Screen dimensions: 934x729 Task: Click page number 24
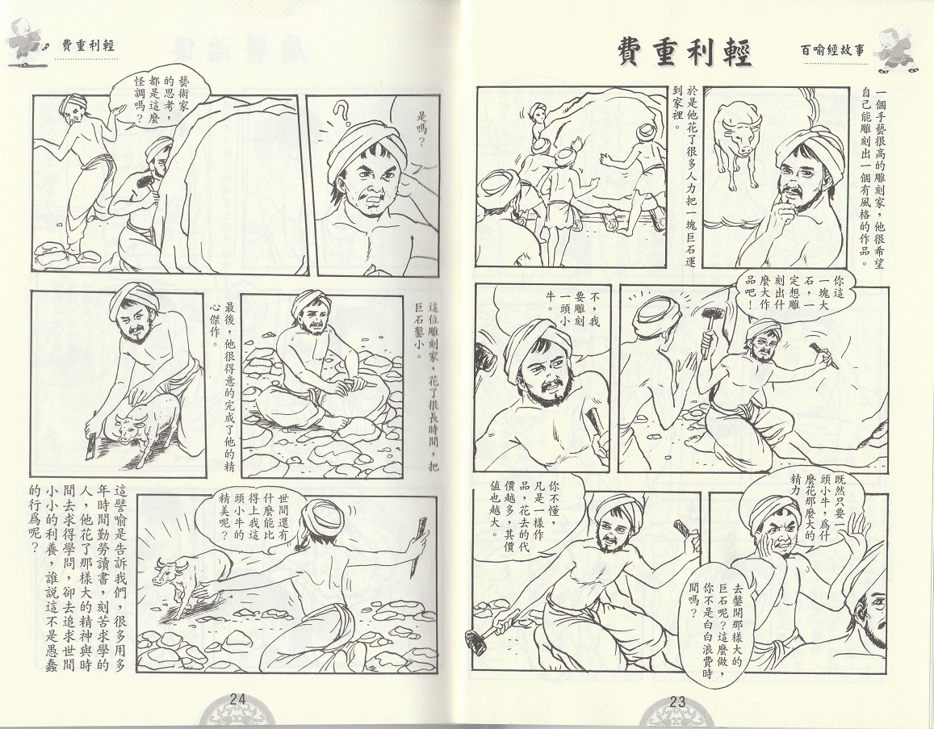click(237, 700)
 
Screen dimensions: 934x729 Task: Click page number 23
click(677, 702)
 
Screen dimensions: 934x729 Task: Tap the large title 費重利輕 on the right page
click(684, 52)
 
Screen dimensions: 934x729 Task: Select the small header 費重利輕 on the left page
click(87, 46)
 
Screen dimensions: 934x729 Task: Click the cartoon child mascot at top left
click(25, 44)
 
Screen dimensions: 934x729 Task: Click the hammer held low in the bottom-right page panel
click(485, 631)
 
